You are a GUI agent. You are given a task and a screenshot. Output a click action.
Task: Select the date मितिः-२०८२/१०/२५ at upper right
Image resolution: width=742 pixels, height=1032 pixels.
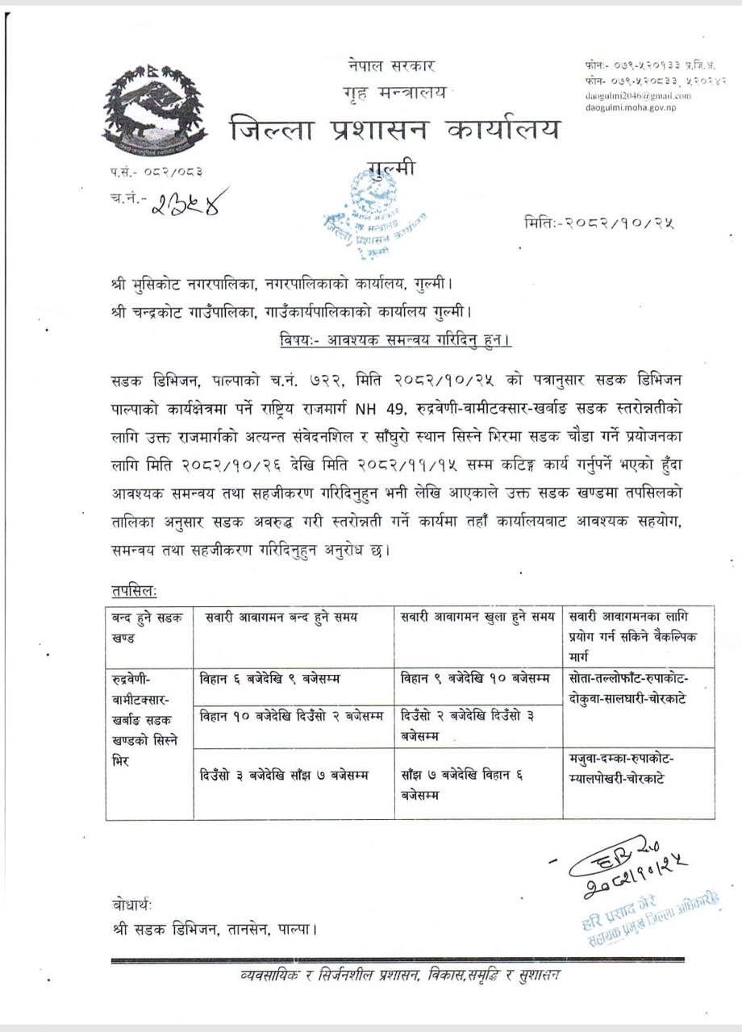(x=598, y=222)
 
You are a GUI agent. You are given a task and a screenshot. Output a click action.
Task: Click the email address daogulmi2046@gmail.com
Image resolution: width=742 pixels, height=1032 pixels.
(x=638, y=96)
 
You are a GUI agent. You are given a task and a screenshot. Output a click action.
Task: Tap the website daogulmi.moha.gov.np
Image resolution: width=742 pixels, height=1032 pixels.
(x=632, y=107)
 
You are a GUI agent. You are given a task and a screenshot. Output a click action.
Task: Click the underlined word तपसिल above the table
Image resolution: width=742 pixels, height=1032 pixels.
(x=135, y=591)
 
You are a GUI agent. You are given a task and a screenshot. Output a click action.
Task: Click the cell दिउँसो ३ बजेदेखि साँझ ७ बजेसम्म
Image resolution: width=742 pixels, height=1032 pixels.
(x=283, y=776)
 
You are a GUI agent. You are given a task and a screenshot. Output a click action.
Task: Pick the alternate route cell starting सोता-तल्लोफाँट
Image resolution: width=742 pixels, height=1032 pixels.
(x=628, y=688)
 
